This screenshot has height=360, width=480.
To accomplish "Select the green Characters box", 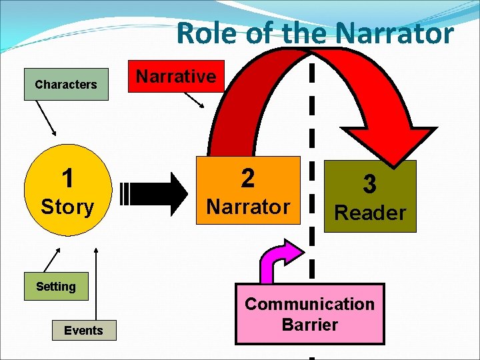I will click(66, 85).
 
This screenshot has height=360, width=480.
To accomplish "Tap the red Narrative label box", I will click(176, 77).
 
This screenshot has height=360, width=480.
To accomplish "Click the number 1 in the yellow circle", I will click(67, 179).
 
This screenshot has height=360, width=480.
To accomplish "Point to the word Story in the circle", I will click(67, 207).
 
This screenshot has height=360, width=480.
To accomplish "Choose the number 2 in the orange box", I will click(247, 178).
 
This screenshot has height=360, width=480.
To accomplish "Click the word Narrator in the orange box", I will click(247, 207).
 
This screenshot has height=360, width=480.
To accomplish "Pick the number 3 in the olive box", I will click(369, 185).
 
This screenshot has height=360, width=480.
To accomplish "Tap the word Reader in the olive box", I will click(369, 213).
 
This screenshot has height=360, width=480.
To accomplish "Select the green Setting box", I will click(56, 287).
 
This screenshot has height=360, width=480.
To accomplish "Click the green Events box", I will click(83, 330).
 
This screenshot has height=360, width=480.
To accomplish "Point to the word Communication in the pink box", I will click(309, 304).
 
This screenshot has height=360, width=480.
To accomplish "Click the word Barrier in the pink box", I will click(309, 325).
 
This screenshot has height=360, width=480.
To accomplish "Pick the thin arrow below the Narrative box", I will click(195, 99).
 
